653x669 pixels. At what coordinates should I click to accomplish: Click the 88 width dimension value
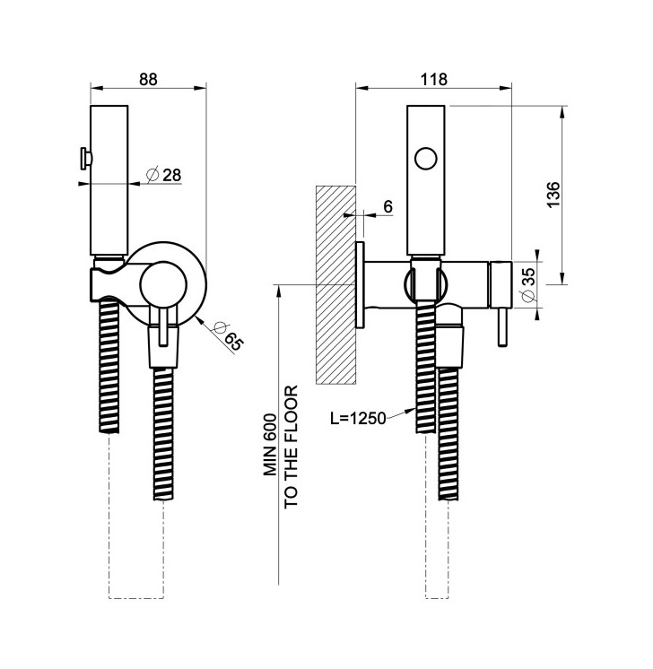click(148, 79)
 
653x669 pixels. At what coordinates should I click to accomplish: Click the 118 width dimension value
click(433, 79)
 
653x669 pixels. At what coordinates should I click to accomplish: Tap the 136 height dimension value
click(553, 195)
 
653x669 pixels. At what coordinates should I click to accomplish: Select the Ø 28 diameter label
click(163, 175)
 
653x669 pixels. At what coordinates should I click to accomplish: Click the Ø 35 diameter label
click(528, 284)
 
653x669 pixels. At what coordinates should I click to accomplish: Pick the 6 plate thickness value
click(387, 207)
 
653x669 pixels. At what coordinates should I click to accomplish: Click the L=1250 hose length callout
click(358, 418)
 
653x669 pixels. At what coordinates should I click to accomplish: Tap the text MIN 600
click(270, 444)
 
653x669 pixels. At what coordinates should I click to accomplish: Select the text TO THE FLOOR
click(291, 447)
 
